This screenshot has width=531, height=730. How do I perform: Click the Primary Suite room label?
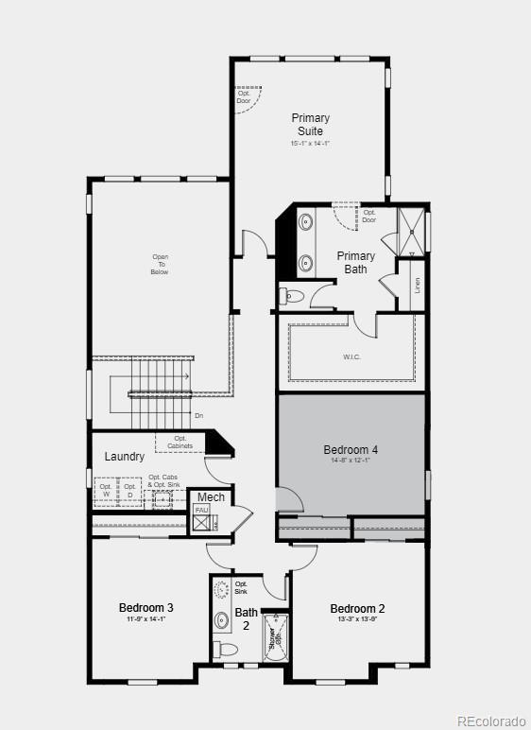[x=310, y=125]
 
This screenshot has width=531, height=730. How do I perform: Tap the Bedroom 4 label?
[x=351, y=449]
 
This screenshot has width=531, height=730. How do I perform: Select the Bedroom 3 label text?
[x=146, y=607]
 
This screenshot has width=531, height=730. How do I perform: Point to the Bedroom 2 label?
[x=357, y=608]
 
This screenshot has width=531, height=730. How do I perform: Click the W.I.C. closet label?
[x=351, y=356]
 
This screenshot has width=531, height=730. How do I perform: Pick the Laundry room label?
[x=125, y=457]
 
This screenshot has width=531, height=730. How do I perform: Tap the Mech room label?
[x=211, y=497]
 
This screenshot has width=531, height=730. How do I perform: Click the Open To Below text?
[x=161, y=264]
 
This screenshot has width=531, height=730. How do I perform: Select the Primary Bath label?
[x=356, y=262]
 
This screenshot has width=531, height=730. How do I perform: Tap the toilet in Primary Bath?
[x=293, y=297]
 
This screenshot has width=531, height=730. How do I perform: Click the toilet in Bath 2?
[x=226, y=650]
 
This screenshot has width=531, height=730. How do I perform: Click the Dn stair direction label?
[x=198, y=416]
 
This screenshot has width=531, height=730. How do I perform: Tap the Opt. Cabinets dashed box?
[x=180, y=442]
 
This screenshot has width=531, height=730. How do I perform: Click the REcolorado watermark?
[x=491, y=721]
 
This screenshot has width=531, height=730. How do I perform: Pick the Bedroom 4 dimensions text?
[x=351, y=461]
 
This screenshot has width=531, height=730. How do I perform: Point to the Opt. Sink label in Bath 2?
[x=242, y=587]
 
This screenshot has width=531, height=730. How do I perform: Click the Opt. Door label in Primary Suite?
[x=244, y=97]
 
